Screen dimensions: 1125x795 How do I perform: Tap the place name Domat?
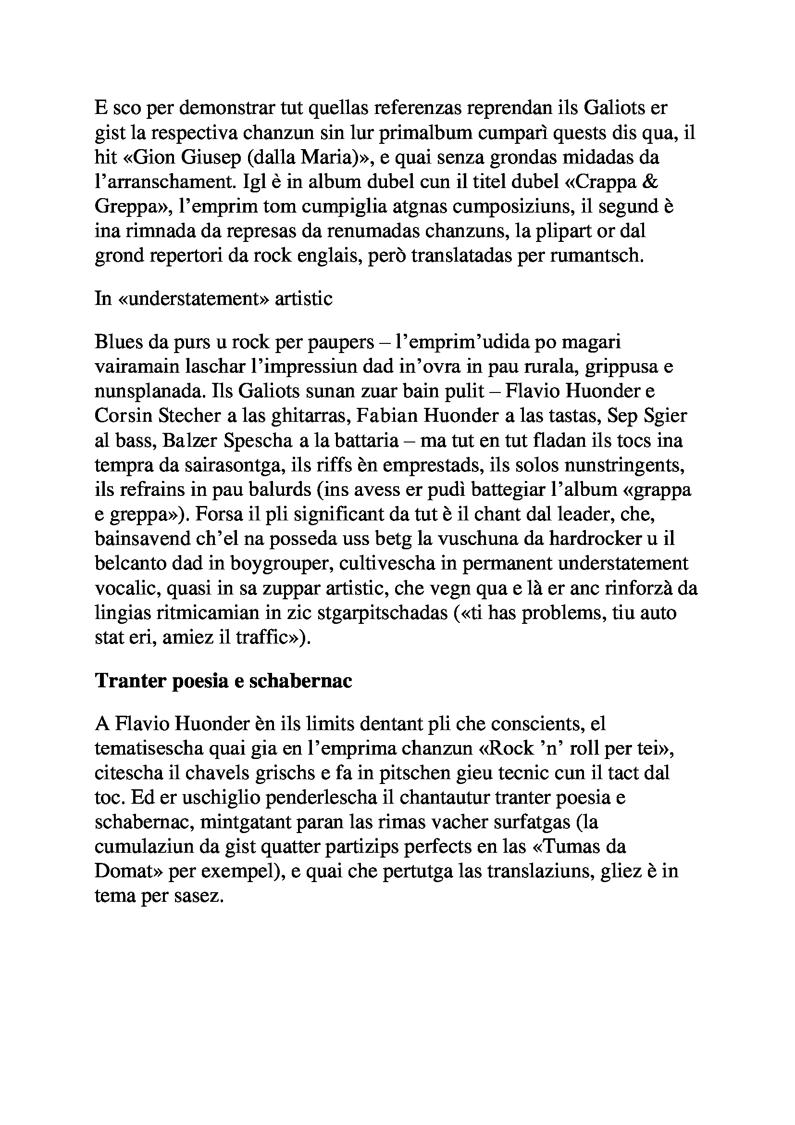click(128, 872)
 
